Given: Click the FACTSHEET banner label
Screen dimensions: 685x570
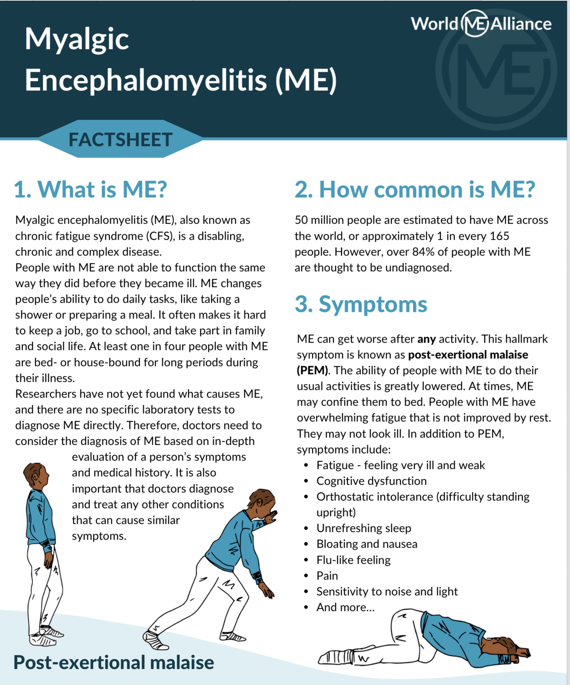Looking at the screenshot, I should [x=120, y=139].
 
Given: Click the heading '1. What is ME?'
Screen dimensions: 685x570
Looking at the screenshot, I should [x=90, y=189].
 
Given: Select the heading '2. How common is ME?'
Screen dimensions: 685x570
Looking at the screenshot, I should [x=415, y=189].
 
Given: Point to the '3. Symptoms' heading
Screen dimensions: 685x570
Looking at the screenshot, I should [x=361, y=304].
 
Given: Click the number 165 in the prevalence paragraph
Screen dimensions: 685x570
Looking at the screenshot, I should [x=499, y=236].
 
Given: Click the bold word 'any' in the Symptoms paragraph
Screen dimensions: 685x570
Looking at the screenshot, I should [x=426, y=339].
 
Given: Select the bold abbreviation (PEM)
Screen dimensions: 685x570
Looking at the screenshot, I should [x=312, y=371].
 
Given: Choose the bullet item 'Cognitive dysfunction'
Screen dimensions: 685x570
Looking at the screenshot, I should [x=371, y=481].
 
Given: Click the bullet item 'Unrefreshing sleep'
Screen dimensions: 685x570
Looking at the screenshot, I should [x=364, y=528].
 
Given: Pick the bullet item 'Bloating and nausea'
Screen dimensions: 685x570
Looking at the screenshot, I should [x=366, y=544].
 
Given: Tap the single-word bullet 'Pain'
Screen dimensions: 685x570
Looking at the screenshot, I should [x=327, y=576].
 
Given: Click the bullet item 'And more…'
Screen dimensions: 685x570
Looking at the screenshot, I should [x=345, y=607].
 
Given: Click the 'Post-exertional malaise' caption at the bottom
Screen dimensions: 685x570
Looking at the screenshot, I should [x=113, y=662].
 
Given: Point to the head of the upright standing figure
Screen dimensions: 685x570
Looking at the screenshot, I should [x=35, y=475].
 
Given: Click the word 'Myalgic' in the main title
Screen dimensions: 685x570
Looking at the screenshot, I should [x=77, y=40].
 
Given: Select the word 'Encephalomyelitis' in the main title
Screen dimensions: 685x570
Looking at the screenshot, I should [x=145, y=81].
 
